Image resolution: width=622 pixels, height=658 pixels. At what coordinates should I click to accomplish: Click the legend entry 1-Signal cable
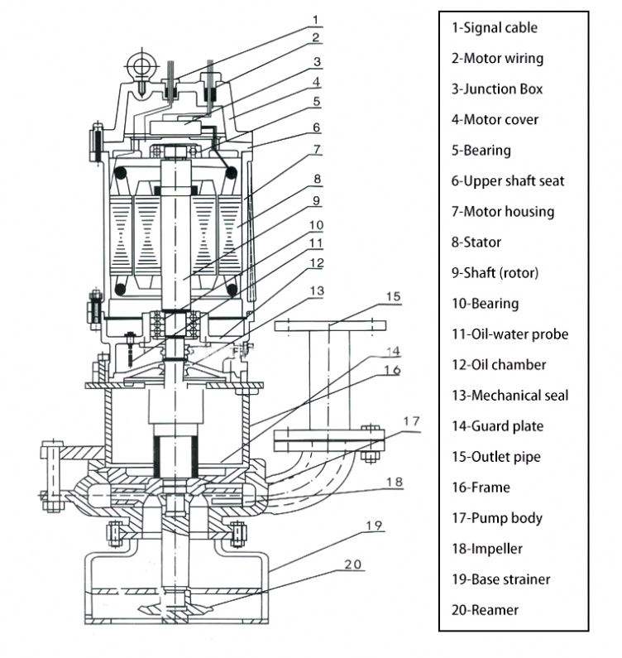pos(494,27)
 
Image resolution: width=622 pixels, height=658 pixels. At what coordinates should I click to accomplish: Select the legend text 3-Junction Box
pos(497,89)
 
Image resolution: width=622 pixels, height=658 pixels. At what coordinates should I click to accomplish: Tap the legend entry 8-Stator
pos(476,243)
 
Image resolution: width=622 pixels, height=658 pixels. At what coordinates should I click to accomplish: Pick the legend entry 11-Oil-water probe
pos(510,334)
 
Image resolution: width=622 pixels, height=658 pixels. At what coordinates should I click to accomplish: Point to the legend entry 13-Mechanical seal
pos(510,396)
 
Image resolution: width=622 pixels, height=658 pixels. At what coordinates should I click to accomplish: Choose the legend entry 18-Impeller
pos(487,549)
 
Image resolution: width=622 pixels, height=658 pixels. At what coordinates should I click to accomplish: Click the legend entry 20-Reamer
pos(485,610)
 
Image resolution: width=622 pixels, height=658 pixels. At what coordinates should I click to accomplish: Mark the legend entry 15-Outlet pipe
pos(495,457)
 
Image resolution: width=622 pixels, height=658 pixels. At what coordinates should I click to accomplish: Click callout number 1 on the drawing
pos(316,19)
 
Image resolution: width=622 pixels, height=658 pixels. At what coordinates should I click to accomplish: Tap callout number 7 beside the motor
pos(317,149)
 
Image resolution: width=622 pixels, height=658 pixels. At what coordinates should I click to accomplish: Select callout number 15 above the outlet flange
pos(393,296)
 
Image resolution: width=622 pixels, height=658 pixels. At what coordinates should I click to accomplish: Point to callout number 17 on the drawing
pos(411,420)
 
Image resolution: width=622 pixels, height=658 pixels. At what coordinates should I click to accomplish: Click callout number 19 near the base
pos(374,526)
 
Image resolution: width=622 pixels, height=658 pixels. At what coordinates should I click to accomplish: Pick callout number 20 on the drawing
pos(352,564)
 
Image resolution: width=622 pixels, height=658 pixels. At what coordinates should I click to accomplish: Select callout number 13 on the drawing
pos(317,291)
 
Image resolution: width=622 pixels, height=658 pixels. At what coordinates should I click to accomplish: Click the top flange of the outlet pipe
pos(330,326)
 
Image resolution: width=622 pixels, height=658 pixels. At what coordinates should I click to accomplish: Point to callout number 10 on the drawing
pos(317,225)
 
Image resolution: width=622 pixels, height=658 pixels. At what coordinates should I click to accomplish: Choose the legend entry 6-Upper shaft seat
pos(508,181)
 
